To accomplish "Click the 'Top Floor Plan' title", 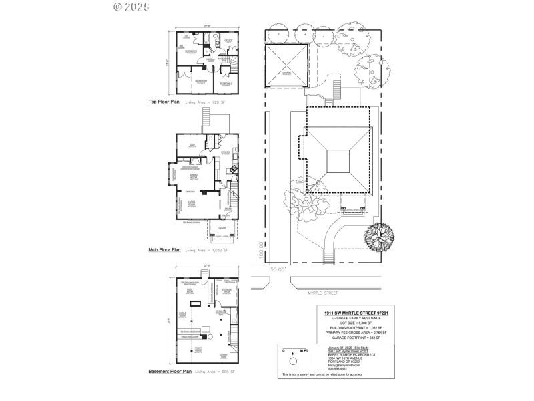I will tap(164, 102).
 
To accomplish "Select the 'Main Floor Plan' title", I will tap(164, 250).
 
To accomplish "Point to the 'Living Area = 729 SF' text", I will tap(207, 102).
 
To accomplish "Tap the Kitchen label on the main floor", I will tap(225, 152).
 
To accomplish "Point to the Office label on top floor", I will tap(228, 41).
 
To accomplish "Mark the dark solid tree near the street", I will tap(379, 235).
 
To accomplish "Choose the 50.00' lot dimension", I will tap(278, 269).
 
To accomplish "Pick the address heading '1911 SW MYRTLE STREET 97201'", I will tap(352, 314).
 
